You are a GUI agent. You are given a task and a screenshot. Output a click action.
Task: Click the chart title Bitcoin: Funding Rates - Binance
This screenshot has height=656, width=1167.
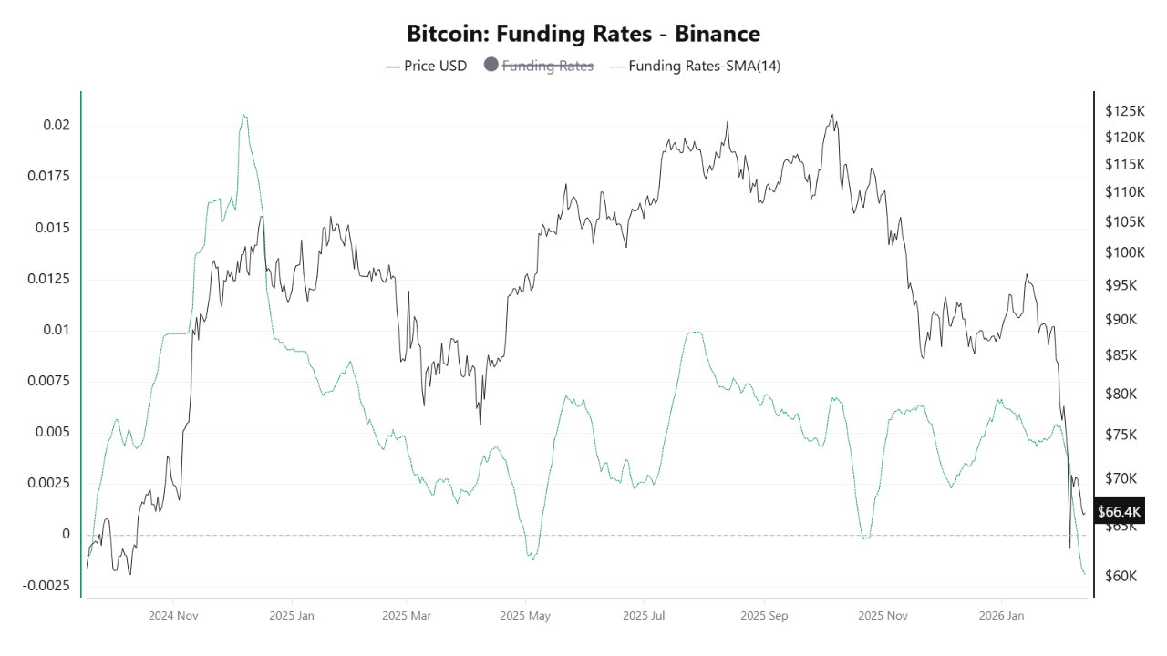coord(583,34)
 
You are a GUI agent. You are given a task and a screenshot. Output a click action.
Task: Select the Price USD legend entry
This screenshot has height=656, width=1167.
coord(426,66)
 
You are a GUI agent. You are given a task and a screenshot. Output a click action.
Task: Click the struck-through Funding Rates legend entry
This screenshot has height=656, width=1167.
coord(548,66)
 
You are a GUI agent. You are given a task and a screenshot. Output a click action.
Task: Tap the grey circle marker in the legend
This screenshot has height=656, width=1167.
coord(491,66)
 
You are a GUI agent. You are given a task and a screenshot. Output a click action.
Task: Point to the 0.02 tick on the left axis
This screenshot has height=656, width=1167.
coord(57,125)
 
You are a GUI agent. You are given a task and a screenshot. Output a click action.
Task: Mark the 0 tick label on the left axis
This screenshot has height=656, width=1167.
coord(66,534)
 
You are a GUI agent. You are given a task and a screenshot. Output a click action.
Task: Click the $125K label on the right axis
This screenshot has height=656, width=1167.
coord(1124,111)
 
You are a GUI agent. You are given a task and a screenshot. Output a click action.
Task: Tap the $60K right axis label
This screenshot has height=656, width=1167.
coord(1121,576)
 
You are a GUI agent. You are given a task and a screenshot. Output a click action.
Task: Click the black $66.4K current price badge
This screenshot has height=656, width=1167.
coord(1119,511)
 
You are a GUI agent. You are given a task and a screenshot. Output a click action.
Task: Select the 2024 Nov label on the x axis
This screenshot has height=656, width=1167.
coord(173,616)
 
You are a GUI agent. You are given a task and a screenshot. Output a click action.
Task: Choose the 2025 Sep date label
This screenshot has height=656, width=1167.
coord(764,616)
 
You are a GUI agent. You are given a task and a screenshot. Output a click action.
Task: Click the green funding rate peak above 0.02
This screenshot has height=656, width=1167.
coord(243,115)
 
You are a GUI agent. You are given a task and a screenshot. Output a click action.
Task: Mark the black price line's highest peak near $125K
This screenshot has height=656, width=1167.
coord(831,115)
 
